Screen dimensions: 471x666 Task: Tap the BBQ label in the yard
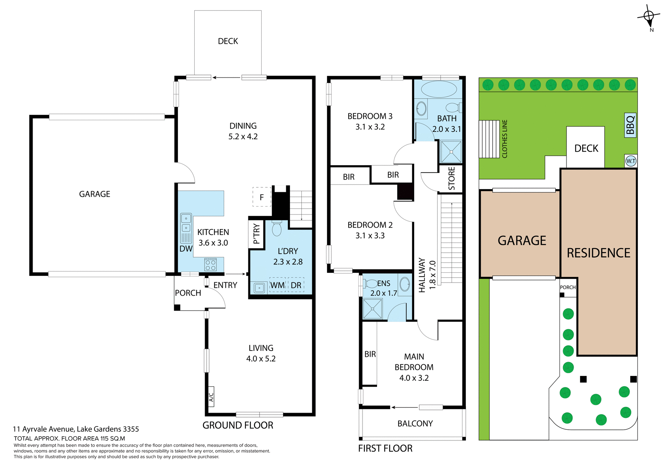[x=630, y=125]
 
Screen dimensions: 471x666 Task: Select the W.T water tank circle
[x=631, y=161]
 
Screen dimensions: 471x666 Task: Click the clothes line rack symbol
[x=489, y=139]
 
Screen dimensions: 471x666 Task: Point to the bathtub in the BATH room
[x=439, y=89]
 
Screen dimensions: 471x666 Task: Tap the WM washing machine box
[x=277, y=285]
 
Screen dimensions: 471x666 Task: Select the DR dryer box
[x=296, y=285]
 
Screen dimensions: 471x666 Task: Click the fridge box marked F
[x=262, y=197]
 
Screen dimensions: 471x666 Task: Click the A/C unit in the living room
[x=211, y=396]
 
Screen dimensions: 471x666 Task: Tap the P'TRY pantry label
[x=256, y=234]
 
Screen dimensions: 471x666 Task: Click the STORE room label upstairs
[x=451, y=178]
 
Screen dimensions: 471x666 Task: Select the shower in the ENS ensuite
[x=373, y=309]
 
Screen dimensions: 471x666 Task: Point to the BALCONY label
[x=415, y=423]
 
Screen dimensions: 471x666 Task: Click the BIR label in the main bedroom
[x=370, y=354]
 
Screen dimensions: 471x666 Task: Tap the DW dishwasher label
[x=186, y=249]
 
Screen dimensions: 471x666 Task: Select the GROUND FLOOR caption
[x=238, y=425]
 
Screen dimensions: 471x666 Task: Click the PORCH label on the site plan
[x=567, y=287]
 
